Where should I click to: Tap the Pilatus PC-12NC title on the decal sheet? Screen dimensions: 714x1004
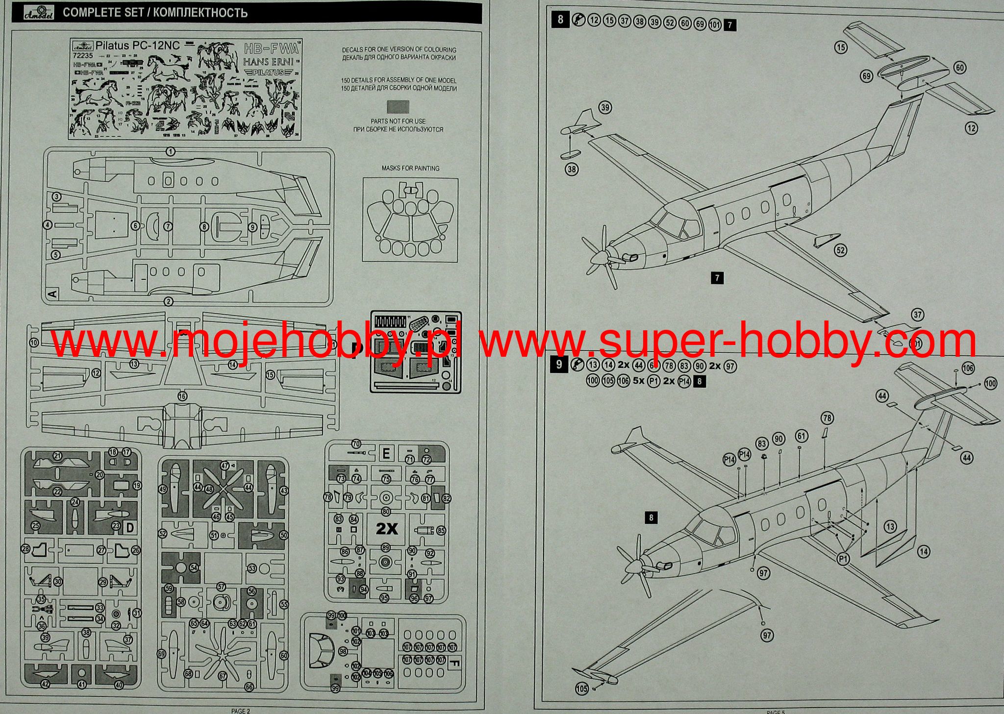pos(137,46)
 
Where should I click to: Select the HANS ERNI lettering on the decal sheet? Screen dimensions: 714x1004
pos(268,62)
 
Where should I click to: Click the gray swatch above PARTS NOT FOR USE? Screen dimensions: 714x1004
pos(398,107)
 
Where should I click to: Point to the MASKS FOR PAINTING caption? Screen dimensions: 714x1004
pos(410,168)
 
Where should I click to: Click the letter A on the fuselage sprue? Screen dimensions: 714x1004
pos(53,294)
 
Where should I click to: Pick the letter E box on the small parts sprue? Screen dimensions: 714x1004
pos(386,453)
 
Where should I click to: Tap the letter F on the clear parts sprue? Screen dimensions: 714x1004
pos(454,665)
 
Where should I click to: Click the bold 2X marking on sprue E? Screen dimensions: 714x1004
pos(387,529)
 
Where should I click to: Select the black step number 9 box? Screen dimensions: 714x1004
pos(559,365)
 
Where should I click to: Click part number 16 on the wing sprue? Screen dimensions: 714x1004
pos(182,396)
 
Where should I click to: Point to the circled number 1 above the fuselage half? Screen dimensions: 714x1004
pos(170,152)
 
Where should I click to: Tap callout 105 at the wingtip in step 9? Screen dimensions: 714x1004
pos(581,689)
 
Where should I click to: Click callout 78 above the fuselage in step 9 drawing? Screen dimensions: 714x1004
pos(827,418)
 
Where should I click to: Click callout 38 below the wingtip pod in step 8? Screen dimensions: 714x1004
pos(572,170)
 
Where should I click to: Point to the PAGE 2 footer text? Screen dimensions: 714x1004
pos(241,711)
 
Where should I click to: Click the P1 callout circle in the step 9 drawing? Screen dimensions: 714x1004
pos(843,559)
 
